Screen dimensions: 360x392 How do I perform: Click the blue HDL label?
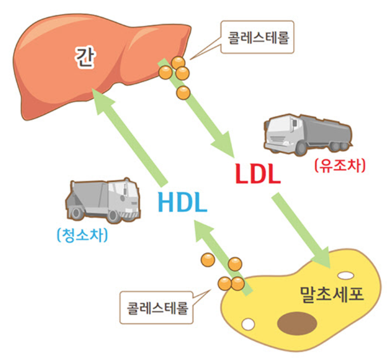[182, 202]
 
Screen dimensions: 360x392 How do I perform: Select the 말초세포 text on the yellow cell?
[332, 294]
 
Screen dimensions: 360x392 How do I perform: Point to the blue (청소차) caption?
[82, 235]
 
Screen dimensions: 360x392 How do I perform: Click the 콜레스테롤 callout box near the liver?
[258, 38]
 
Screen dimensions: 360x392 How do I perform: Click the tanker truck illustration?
[307, 134]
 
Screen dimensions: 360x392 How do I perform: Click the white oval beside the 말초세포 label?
[346, 276]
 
